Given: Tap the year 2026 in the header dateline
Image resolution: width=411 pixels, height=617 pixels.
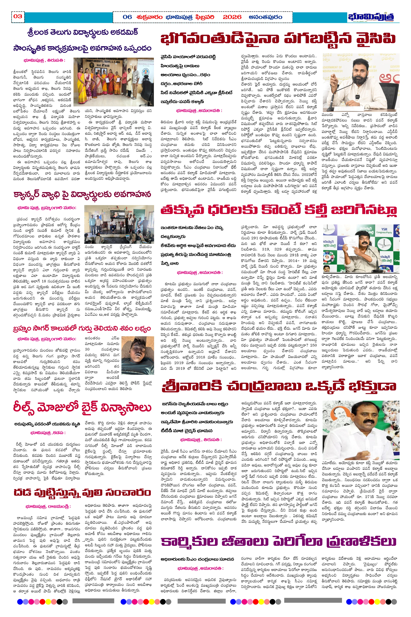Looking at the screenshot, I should tap(232, 17).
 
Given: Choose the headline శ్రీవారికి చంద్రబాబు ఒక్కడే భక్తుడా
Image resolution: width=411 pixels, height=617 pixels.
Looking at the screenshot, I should tap(279, 386).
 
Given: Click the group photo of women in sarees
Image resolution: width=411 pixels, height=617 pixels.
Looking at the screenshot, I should tap(113, 82).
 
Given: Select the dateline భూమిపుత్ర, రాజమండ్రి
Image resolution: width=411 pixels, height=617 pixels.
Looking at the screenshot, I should tap(48, 506).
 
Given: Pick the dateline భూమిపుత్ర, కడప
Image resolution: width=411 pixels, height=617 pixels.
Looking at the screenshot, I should tap(48, 433).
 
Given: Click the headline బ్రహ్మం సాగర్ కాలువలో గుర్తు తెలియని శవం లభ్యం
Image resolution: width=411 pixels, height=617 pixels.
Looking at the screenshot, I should tap(82, 329).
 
